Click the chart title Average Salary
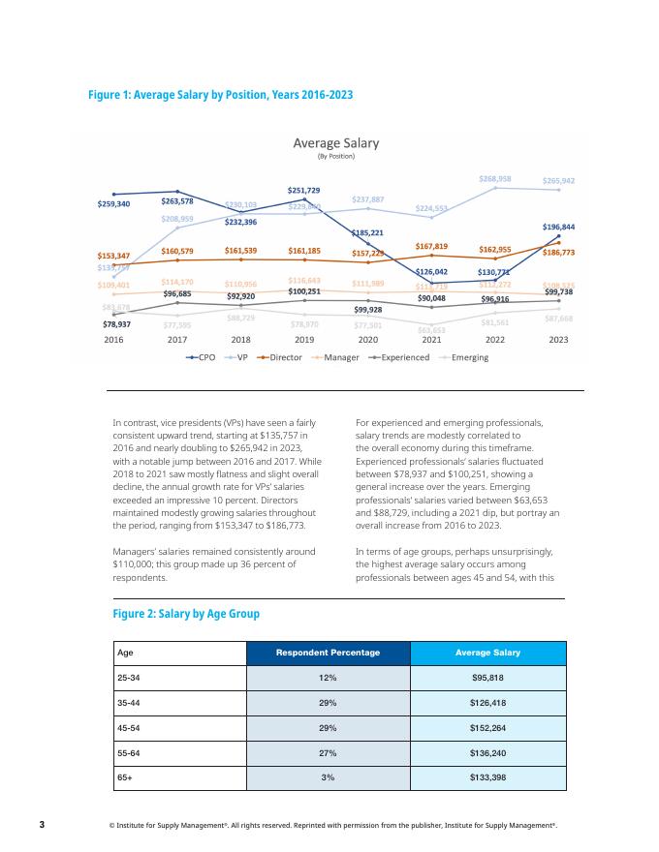point(336,143)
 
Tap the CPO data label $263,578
point(177,201)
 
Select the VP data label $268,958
point(495,179)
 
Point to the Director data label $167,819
point(431,246)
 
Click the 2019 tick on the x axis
point(304,340)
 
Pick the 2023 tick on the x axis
point(558,340)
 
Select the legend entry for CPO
point(202,357)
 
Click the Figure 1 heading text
point(220,95)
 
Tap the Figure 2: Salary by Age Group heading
point(186,614)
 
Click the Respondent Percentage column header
point(329,653)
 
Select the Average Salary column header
point(487,653)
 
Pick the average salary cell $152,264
point(487,727)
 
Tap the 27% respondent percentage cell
point(329,752)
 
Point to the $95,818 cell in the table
point(487,678)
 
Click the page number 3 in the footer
point(42,825)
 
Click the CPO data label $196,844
point(558,227)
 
